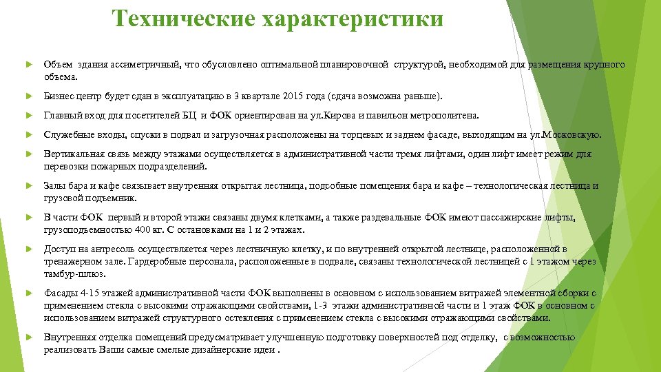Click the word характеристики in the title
[x=352, y=19]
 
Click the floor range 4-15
[x=87, y=293]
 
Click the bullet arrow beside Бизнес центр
[x=28, y=96]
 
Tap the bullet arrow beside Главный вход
[x=28, y=116]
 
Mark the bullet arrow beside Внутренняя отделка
[x=28, y=338]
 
